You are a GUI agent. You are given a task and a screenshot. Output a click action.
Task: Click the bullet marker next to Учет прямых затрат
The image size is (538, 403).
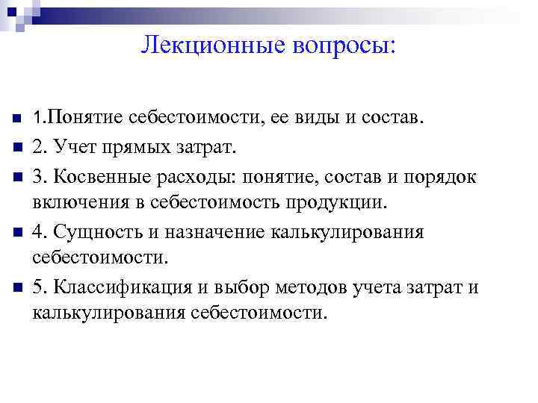click(x=16, y=146)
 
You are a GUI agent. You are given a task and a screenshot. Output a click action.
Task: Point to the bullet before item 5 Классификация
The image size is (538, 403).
click(x=16, y=287)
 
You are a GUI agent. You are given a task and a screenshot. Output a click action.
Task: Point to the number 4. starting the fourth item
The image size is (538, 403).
click(x=40, y=231)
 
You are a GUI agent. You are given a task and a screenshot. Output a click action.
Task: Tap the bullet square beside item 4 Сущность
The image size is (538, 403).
click(x=16, y=231)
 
